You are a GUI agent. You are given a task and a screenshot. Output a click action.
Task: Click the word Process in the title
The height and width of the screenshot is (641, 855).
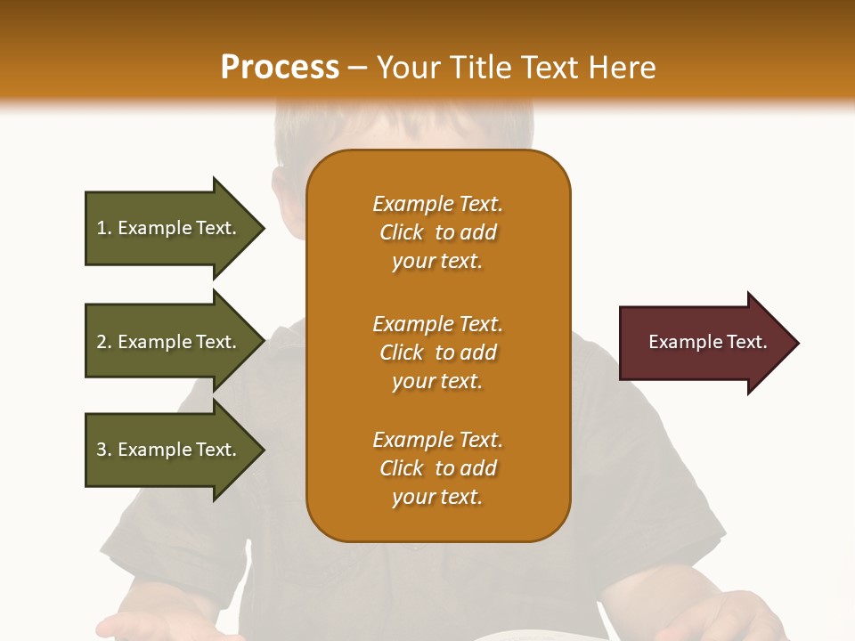point(280,68)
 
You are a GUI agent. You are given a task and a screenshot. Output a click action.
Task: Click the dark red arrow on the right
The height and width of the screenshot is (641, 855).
point(704,343)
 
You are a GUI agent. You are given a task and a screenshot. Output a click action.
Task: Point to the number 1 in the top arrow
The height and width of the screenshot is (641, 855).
point(101,229)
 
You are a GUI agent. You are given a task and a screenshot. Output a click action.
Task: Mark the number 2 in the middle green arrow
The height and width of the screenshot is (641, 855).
point(102,343)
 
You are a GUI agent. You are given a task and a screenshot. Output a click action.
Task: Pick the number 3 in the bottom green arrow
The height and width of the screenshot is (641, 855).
point(102,450)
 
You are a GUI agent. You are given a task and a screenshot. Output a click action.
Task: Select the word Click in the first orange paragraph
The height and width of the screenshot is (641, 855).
point(401,233)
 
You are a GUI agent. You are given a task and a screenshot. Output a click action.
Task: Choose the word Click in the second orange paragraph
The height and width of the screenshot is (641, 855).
point(401,353)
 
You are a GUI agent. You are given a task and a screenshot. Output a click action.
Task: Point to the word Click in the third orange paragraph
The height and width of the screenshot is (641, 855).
point(401,469)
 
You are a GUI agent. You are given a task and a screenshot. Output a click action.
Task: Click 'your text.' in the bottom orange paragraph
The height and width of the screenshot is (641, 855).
point(437,498)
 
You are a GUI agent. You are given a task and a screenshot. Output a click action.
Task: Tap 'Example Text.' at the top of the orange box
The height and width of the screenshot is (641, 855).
point(437,205)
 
